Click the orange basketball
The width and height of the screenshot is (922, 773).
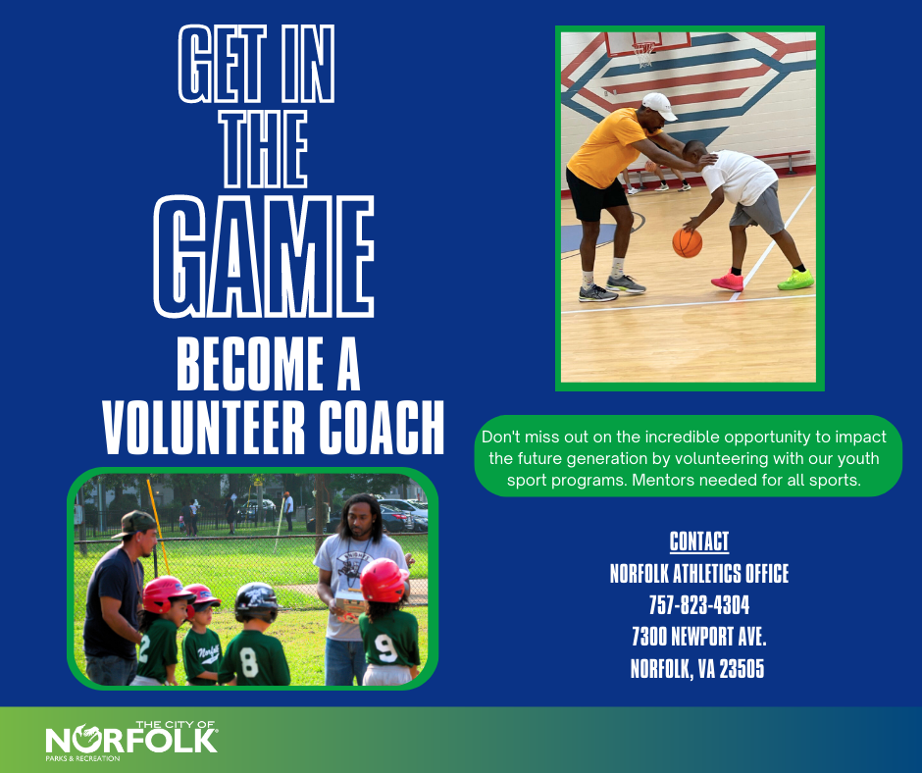point(687,242)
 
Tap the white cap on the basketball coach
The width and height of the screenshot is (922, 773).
point(659,106)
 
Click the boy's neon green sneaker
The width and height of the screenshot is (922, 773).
point(795,280)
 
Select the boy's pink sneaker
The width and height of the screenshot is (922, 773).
point(727,282)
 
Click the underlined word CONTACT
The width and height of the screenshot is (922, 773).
point(699,541)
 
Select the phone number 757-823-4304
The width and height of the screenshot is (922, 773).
point(699,604)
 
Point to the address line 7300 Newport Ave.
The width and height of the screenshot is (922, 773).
point(699,637)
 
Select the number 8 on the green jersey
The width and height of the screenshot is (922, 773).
point(250,663)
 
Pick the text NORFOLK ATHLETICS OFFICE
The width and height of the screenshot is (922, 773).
point(699,573)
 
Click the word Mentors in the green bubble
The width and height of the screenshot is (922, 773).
point(664,481)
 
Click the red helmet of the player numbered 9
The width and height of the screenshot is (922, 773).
point(383,579)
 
